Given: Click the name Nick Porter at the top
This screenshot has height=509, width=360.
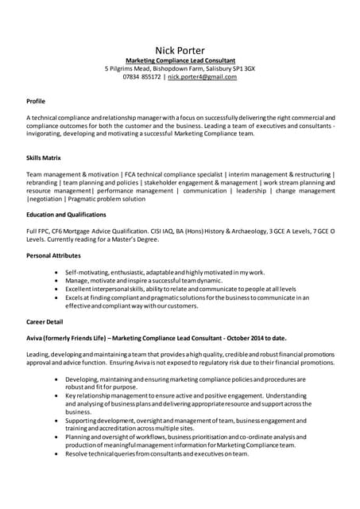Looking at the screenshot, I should [x=180, y=50].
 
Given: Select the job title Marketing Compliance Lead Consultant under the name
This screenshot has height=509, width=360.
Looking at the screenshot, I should [x=180, y=60].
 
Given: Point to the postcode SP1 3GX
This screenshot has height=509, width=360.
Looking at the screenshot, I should [x=243, y=68].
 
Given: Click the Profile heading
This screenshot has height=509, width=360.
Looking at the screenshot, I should [x=36, y=101].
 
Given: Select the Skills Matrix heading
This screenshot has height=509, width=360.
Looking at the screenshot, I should [x=44, y=157].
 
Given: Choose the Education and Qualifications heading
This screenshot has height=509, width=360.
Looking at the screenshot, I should [x=66, y=215].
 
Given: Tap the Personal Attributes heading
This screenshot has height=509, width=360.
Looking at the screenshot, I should [x=53, y=255].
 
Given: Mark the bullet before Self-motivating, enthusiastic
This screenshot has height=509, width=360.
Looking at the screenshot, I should [x=56, y=273].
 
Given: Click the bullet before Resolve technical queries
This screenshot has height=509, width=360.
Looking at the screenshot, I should [x=56, y=453].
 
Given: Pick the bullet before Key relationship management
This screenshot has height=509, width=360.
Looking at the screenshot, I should [x=56, y=395].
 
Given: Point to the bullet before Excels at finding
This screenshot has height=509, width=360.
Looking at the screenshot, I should [x=56, y=297].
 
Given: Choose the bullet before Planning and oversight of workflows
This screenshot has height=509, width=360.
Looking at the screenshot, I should [x=56, y=437].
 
